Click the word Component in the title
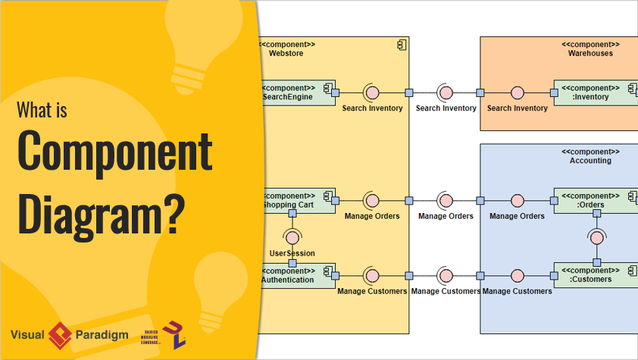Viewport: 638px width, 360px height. point(114,151)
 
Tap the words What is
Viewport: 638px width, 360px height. point(42,111)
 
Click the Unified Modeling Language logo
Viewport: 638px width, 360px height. point(173,333)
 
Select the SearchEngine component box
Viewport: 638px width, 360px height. point(298,92)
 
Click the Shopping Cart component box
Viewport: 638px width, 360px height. point(298,200)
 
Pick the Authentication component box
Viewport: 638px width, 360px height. point(298,275)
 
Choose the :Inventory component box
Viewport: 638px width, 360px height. point(596,92)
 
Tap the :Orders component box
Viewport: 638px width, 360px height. point(596,199)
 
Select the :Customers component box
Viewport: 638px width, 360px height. point(596,274)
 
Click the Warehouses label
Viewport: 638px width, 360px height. point(590,53)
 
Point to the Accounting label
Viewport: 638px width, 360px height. point(590,161)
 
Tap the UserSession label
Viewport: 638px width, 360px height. point(292,253)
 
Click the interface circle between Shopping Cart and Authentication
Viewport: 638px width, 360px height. point(292,236)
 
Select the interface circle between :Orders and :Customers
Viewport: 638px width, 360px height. point(596,237)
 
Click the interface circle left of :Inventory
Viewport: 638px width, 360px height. point(518,92)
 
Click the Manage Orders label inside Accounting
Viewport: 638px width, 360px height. point(517,216)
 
